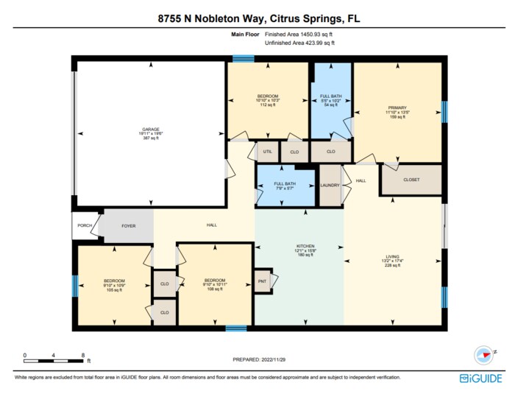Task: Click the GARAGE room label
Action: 151,130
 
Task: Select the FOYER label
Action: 129,225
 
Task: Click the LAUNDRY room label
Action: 330,185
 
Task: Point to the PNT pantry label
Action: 262,281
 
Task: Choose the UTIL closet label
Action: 268,152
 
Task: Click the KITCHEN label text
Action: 305,245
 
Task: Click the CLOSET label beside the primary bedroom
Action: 411,180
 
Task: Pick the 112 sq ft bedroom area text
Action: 267,105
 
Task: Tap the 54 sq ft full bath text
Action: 330,105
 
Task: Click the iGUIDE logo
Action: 481,378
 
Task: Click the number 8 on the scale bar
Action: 82,355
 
